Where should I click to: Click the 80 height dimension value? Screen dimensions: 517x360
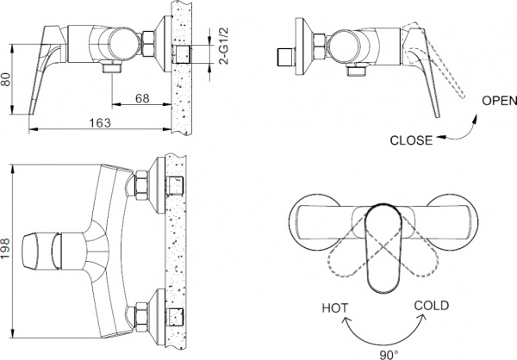click(6, 79)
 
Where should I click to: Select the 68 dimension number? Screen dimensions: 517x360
click(142, 98)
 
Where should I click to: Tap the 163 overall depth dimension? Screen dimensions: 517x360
click(100, 123)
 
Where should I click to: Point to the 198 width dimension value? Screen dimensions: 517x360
click(6, 248)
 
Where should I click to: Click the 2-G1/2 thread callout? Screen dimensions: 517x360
click(223, 47)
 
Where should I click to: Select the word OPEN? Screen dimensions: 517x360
click(499, 101)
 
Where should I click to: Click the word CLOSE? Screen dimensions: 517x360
click(411, 140)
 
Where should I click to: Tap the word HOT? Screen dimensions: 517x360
click(334, 308)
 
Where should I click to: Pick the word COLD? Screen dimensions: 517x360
click(432, 306)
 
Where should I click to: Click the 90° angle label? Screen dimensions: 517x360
click(389, 355)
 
